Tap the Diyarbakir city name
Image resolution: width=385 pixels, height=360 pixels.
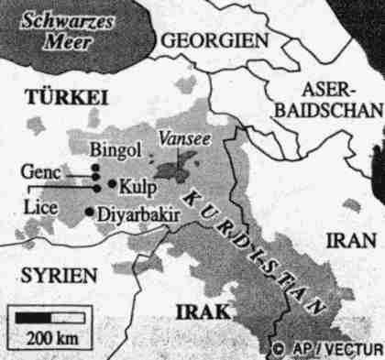(x=134, y=218)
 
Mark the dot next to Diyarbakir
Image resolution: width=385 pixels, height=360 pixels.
(x=89, y=213)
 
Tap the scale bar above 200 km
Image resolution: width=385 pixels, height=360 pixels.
(x=50, y=317)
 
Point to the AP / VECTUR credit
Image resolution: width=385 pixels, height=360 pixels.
(x=335, y=349)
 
